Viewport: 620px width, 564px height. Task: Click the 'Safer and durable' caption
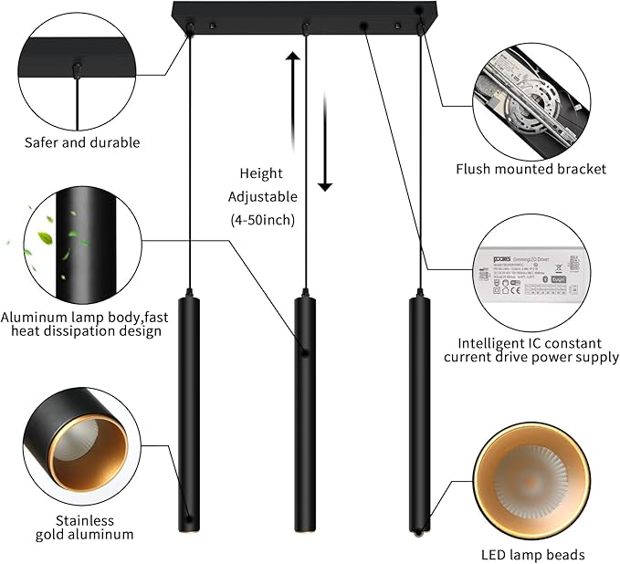point(82,142)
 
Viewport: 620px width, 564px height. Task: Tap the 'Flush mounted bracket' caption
point(531,169)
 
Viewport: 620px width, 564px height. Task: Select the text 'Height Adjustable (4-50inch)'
point(262,196)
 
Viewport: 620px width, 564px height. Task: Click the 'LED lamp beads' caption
point(531,554)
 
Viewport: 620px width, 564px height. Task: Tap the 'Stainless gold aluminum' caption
point(85,527)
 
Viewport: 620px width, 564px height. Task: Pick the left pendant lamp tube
point(190,415)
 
